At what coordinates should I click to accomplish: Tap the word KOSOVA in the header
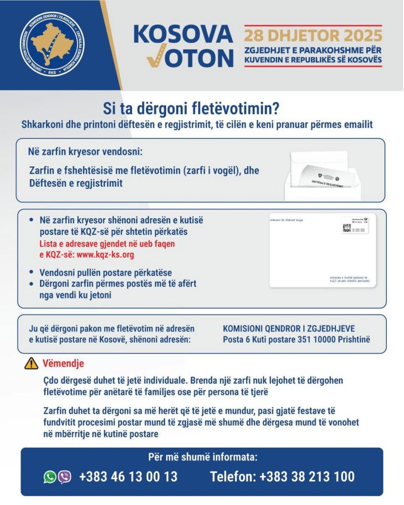click(x=183, y=34)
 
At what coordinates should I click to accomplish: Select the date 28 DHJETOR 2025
click(x=313, y=36)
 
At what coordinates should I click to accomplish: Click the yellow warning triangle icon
click(x=31, y=364)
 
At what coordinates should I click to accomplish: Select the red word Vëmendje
click(x=63, y=364)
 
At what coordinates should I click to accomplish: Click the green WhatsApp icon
click(x=50, y=477)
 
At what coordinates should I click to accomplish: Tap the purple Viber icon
click(x=65, y=477)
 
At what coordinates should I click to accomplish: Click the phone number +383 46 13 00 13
click(x=128, y=477)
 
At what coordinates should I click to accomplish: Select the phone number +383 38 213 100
click(x=307, y=477)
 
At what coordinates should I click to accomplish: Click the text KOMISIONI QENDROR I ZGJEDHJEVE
click(x=289, y=328)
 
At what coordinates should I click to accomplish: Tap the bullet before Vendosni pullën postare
click(x=32, y=272)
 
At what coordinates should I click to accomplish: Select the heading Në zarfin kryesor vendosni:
click(x=85, y=151)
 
